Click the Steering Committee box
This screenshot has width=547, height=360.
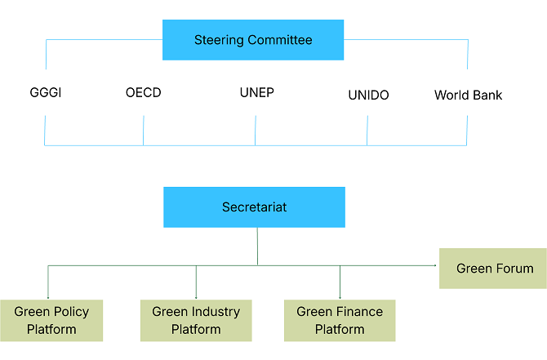click(253, 40)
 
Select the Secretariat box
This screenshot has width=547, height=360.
click(254, 207)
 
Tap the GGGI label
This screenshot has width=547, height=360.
click(45, 93)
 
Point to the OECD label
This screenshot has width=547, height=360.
click(144, 93)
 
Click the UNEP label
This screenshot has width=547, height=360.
click(256, 92)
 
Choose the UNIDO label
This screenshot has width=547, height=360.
click(368, 96)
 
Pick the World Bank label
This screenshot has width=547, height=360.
click(468, 96)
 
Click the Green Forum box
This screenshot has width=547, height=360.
click(493, 269)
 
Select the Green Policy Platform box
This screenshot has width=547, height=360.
click(51, 320)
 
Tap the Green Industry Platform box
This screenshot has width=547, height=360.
click(196, 320)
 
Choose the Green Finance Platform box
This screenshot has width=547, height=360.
click(340, 320)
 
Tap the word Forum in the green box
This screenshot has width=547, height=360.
click(514, 269)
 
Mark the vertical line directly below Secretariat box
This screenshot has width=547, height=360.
click(258, 246)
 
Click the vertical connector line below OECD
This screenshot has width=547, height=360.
click(144, 131)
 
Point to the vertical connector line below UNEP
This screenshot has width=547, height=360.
click(256, 131)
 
